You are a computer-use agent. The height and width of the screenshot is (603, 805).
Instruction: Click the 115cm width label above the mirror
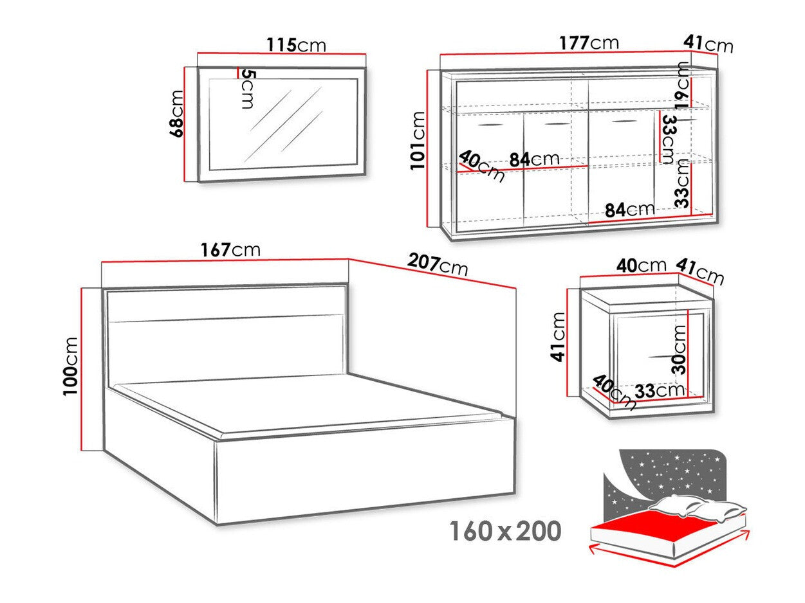pyautogui.click(x=296, y=45)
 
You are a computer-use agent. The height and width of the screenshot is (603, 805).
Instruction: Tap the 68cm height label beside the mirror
pyautogui.click(x=177, y=113)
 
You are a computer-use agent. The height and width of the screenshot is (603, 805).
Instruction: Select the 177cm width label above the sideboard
pyautogui.click(x=588, y=43)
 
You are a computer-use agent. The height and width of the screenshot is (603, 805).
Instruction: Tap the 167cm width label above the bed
pyautogui.click(x=231, y=249)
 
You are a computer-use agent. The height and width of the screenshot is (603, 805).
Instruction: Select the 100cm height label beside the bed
pyautogui.click(x=72, y=365)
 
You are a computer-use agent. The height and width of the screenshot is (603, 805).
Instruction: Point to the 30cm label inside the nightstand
pyautogui.click(x=680, y=349)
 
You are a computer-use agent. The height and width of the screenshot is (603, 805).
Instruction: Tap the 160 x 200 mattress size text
pyautogui.click(x=505, y=531)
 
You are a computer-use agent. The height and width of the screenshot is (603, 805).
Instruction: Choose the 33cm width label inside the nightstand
pyautogui.click(x=660, y=390)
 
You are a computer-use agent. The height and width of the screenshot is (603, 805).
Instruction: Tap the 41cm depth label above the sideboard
pyautogui.click(x=708, y=44)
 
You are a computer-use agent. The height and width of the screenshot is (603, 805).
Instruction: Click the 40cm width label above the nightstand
pyautogui.click(x=641, y=265)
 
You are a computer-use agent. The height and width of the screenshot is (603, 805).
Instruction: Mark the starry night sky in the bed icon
pyautogui.click(x=669, y=473)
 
